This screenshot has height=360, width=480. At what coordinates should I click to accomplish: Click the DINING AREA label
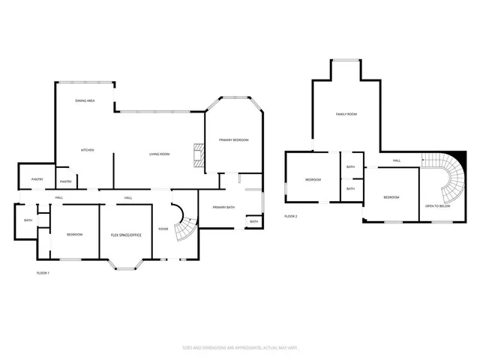84,100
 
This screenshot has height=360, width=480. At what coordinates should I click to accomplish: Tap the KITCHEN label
87,151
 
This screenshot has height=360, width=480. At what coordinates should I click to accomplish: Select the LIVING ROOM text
159,154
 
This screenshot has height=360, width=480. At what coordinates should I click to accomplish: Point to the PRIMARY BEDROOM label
233,140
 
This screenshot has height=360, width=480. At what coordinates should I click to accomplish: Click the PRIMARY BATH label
223,207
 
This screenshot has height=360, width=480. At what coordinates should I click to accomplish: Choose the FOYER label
163,229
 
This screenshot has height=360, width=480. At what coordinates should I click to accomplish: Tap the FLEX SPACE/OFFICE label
126,235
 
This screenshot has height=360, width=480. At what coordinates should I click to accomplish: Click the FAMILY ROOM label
346,114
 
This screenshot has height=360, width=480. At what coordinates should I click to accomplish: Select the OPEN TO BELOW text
437,205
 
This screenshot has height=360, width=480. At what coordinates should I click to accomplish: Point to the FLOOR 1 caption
43,273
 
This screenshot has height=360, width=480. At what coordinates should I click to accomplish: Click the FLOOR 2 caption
290,216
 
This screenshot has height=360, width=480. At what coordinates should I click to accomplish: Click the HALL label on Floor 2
397,160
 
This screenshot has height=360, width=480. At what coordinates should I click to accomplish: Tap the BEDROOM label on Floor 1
74,235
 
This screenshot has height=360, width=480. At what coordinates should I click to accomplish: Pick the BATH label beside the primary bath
253,222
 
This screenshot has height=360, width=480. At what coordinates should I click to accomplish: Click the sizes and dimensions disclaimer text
239,347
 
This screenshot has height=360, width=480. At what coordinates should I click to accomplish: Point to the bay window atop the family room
346,61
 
